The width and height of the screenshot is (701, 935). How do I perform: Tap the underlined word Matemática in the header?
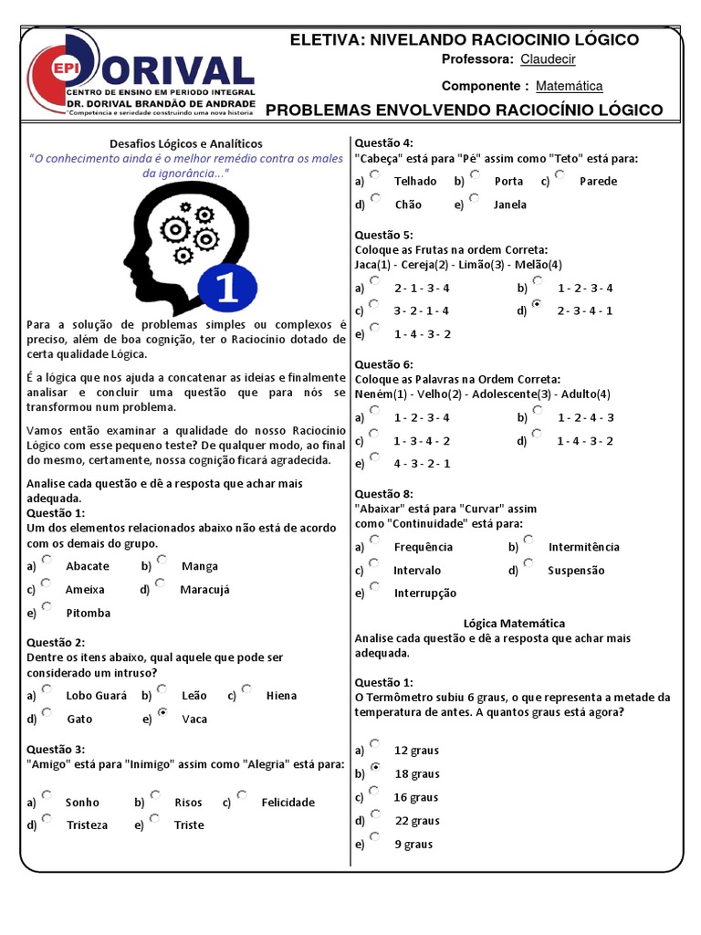[x=569, y=86]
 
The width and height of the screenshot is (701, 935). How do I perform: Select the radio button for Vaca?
[x=162, y=712]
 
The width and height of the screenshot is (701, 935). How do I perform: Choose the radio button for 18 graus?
[x=375, y=768]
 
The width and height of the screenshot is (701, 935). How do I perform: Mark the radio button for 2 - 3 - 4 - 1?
[x=537, y=304]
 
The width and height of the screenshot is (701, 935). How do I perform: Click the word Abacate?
[x=88, y=566]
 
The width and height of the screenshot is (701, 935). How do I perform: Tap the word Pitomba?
[x=89, y=613]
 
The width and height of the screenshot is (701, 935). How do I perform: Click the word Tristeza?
[x=87, y=825]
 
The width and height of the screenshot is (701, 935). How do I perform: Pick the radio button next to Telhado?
[x=375, y=174]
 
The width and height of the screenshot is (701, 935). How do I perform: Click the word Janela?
[x=509, y=205]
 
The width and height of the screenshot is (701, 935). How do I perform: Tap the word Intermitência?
[x=583, y=547]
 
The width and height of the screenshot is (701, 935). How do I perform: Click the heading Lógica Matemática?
[x=514, y=623]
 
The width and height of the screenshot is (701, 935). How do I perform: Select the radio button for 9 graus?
[x=375, y=838]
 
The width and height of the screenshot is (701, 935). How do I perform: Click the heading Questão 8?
[x=383, y=494]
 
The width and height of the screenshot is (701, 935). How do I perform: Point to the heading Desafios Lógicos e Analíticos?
[x=185, y=143]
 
